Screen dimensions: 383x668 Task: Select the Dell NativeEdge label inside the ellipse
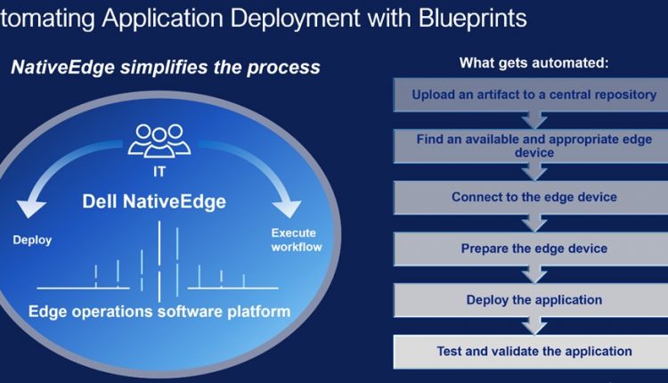point(154,201)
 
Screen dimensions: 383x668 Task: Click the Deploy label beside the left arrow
point(32,240)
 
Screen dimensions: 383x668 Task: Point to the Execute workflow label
point(296,240)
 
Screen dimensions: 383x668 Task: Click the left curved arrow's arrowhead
point(30,207)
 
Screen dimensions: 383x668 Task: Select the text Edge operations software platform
point(159,312)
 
